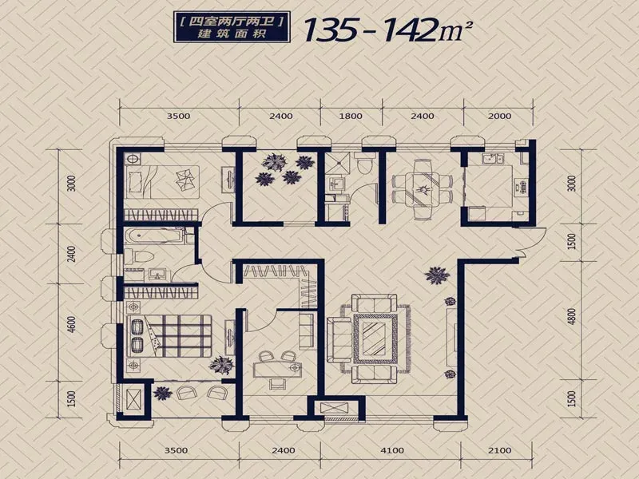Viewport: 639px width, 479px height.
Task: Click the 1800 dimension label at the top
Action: click(351, 116)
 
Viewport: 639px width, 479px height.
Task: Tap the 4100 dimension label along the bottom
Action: click(392, 450)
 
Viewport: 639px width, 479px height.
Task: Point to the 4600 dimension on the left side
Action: click(72, 325)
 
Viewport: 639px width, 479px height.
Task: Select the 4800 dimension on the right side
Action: click(572, 316)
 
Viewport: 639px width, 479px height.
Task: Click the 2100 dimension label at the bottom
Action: click(499, 450)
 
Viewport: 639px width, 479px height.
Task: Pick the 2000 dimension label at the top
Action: click(499, 116)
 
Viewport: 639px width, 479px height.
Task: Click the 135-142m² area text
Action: click(388, 30)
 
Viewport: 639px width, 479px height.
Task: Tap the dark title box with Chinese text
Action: click(232, 27)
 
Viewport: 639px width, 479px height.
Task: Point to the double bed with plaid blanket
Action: click(169, 336)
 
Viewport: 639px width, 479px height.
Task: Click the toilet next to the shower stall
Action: click(363, 164)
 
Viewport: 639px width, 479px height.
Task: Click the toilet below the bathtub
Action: click(138, 256)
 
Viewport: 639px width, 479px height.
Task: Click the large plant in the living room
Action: click(437, 275)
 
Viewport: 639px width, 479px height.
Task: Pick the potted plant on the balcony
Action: click(163, 394)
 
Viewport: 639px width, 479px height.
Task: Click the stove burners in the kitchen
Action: click(521, 186)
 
